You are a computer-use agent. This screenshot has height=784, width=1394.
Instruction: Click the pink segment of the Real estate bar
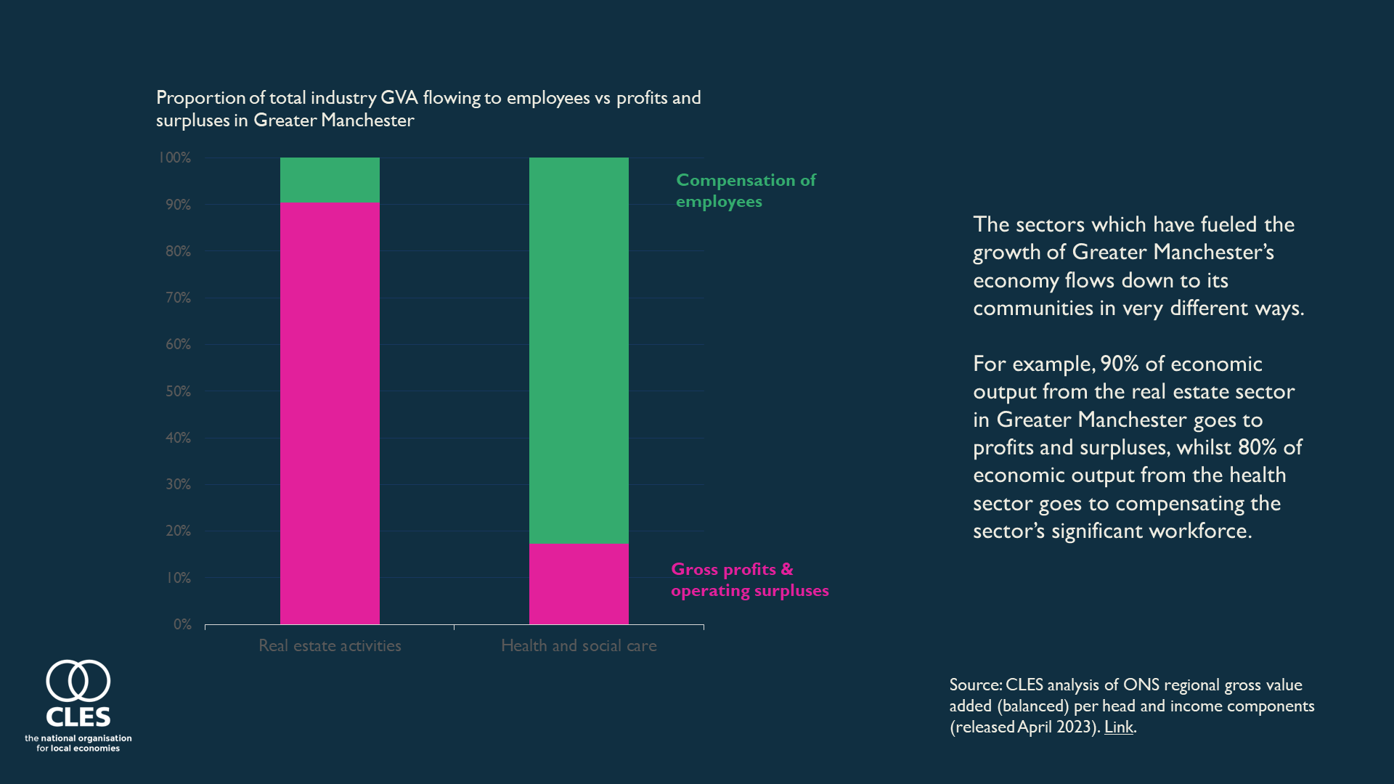click(x=330, y=413)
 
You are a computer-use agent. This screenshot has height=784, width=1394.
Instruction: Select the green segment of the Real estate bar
click(x=330, y=180)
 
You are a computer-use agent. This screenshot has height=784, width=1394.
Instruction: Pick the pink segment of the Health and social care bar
click(x=579, y=584)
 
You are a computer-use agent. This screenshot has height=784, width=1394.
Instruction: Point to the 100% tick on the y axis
click(x=175, y=158)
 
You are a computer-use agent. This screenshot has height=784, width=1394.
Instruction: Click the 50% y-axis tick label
click(x=178, y=391)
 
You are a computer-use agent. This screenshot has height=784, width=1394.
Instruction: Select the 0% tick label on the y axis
click(x=182, y=624)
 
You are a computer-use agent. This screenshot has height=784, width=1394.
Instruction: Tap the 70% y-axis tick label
click(x=178, y=298)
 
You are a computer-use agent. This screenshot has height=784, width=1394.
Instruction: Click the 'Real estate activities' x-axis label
click(x=330, y=645)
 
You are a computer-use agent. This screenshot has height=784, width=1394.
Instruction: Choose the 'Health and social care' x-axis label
click(x=579, y=645)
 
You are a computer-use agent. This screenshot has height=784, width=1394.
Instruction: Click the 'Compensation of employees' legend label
click(x=746, y=190)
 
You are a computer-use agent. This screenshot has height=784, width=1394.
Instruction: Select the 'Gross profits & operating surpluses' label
click(x=749, y=579)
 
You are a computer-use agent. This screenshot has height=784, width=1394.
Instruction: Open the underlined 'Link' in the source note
click(x=1118, y=727)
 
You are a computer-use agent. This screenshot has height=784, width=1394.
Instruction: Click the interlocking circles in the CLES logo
click(x=78, y=681)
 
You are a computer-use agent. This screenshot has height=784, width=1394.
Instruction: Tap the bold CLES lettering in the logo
click(x=78, y=717)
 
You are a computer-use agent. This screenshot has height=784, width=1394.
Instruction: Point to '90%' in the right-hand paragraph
click(x=1119, y=364)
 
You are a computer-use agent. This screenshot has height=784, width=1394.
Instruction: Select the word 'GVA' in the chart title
click(x=399, y=98)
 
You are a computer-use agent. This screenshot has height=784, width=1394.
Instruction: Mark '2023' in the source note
click(x=1076, y=727)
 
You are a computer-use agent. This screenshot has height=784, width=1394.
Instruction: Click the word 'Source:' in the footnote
click(x=975, y=685)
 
